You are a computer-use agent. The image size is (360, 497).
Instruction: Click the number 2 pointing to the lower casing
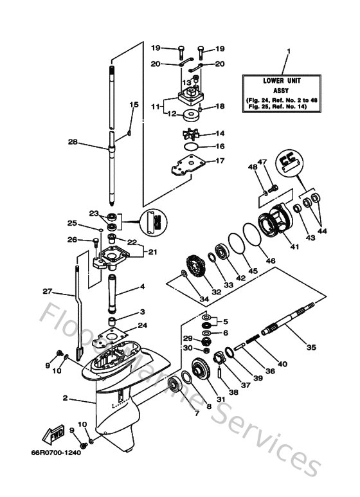tap(65, 399)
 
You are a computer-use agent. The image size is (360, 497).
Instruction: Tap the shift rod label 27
tap(47, 291)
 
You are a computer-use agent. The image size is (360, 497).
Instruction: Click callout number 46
tap(271, 261)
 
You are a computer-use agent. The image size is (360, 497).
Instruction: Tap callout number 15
tap(134, 104)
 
